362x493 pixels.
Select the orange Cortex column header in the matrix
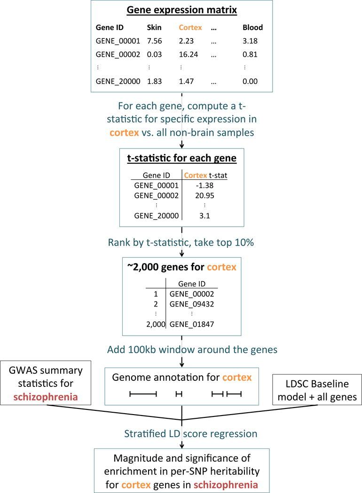(190, 28)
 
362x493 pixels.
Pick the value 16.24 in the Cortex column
(189, 54)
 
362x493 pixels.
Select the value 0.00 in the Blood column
(250, 81)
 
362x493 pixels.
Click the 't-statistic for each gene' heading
(181, 158)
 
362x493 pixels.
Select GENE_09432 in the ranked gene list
(191, 304)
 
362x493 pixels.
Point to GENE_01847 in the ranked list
(191, 324)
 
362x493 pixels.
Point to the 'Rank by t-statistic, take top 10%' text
(181, 243)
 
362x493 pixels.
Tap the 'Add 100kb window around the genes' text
(181, 350)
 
